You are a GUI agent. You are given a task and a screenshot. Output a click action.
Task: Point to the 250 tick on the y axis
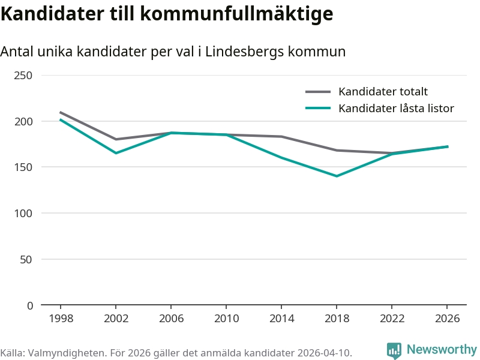click(24, 75)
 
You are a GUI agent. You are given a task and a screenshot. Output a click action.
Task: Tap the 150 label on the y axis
click(24, 167)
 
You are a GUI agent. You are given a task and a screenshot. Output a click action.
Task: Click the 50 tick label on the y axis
click(26, 259)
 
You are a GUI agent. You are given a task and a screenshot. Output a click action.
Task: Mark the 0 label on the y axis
click(30, 305)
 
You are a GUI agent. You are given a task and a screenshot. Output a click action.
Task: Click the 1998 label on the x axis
click(61, 318)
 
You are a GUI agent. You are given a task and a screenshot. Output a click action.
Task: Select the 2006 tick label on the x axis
click(171, 318)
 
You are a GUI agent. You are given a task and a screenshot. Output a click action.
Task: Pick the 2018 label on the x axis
click(337, 318)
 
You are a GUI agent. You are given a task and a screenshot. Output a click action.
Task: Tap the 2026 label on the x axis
click(447, 318)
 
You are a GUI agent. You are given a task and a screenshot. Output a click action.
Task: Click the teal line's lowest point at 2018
click(337, 176)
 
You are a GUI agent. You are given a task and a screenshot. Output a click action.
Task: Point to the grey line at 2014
click(281, 136)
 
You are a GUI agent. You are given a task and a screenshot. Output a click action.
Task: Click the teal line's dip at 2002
click(116, 153)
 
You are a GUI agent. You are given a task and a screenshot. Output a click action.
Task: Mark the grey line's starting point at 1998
click(61, 112)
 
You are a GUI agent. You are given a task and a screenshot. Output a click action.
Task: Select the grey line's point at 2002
click(116, 139)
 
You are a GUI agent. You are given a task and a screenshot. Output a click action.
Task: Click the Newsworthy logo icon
click(394, 350)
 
